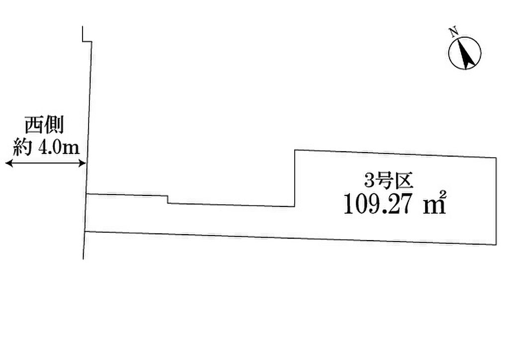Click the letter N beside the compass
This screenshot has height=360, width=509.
453,31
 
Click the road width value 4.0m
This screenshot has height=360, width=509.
59,148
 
